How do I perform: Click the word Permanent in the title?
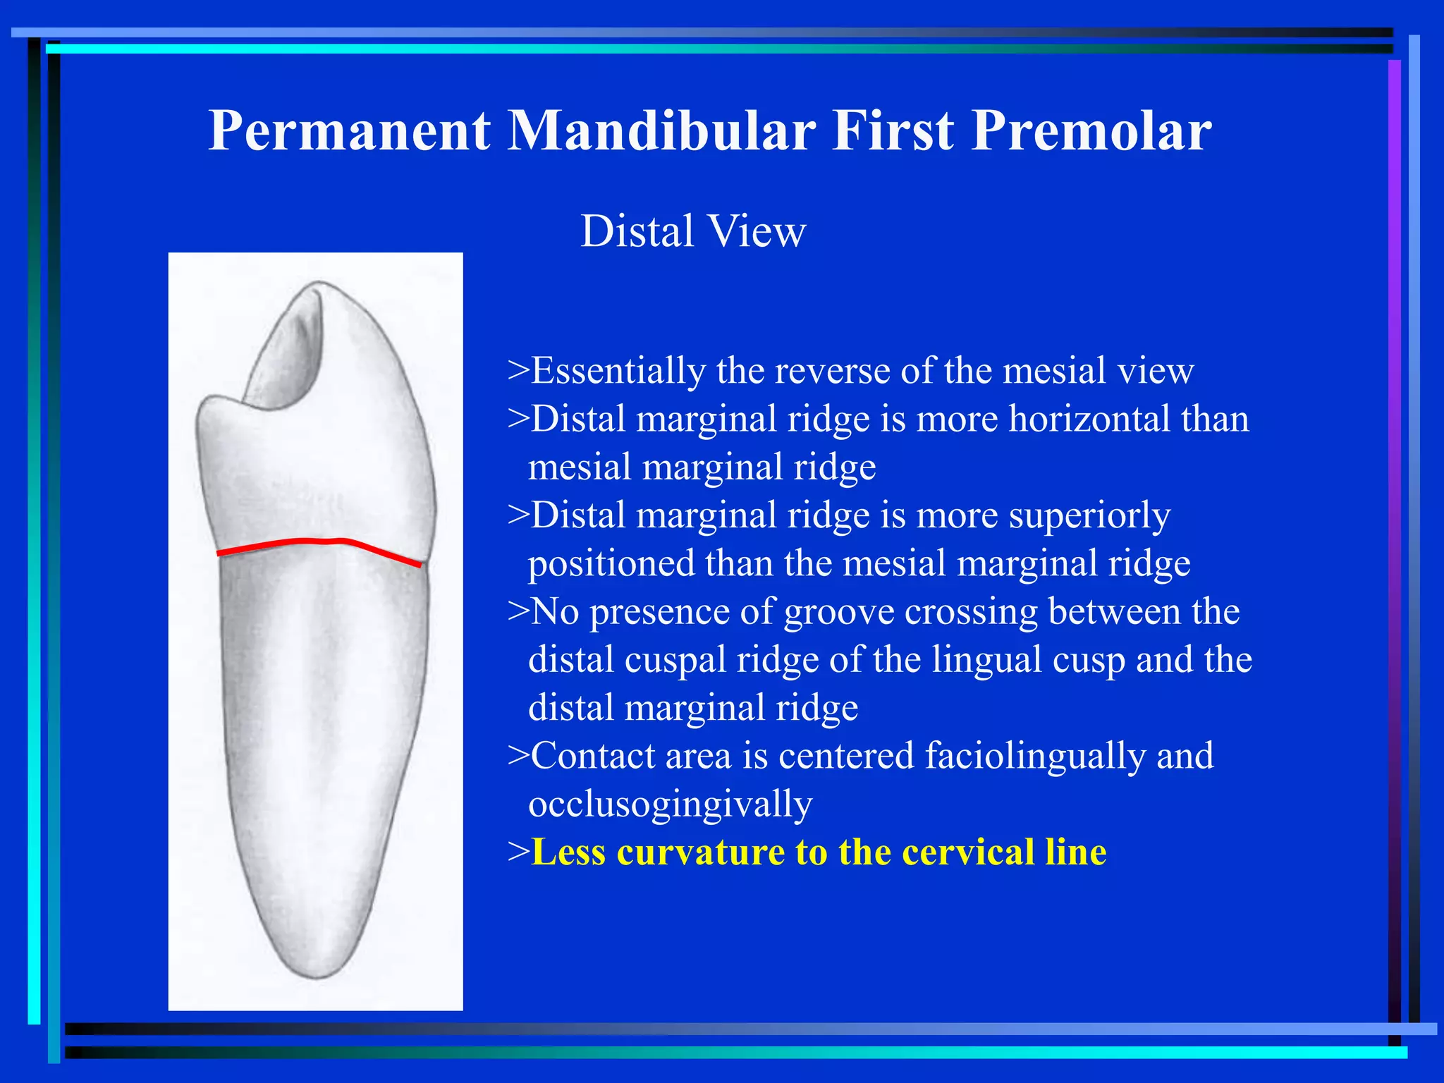[349, 131]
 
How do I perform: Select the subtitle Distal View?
[692, 231]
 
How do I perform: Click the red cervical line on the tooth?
[317, 542]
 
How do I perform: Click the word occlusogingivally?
[670, 804]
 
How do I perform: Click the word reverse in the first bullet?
[831, 371]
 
